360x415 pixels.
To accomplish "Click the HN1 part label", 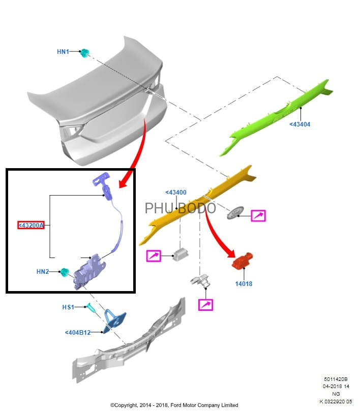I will pos(63,52).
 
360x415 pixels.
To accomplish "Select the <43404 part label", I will pos(300,124).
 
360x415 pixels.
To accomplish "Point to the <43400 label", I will pos(175,193).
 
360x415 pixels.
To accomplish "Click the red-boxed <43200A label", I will pos(31,225).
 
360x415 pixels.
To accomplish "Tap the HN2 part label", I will pos(42,272).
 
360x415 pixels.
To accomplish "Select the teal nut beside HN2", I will pos(65,272).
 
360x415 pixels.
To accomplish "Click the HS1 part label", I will pos(68,307).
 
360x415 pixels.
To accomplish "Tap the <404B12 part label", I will pos(77,333).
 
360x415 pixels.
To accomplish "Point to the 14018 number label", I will pos(244,284).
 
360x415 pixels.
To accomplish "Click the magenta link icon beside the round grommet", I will pos(258,216).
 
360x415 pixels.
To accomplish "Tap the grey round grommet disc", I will pos(235,213).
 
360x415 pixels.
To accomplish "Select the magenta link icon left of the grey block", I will pos(154,256).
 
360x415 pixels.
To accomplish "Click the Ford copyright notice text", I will pos(174,405).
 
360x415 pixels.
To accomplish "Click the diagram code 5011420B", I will pos(336,379).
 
